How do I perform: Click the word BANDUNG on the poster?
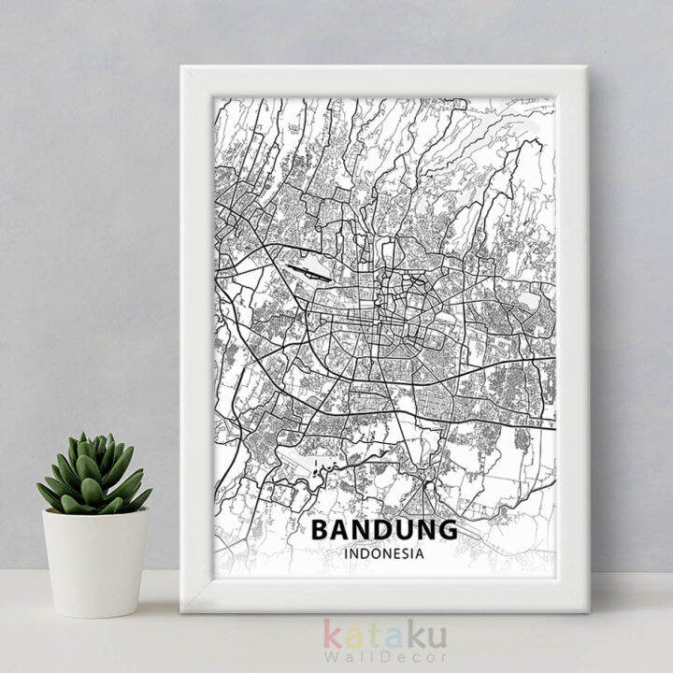384,530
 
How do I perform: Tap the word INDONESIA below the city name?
384,553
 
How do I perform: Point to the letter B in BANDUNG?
320,530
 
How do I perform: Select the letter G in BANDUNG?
447,530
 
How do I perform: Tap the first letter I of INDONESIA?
347,553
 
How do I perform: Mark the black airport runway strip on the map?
308,272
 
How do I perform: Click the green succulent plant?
93,475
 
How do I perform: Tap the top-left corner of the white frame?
182,67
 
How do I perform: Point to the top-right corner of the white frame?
586,67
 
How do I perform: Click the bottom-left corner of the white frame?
182,610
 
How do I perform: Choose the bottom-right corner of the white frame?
587,610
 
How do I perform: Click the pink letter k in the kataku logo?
334,635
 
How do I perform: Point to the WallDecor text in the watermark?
384,657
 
